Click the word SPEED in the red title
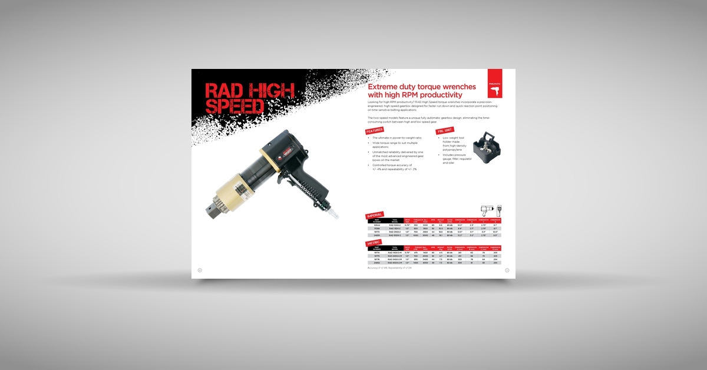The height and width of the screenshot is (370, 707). click(x=235, y=105)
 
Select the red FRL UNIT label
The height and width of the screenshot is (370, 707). click(x=444, y=131)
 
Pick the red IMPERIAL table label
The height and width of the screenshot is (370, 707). click(x=375, y=215)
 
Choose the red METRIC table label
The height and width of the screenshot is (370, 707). click(x=374, y=242)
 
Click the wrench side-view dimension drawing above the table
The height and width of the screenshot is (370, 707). click(x=487, y=210)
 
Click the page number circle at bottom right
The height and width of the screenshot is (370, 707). click(x=507, y=270)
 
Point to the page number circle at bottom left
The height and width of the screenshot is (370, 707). click(x=200, y=270)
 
